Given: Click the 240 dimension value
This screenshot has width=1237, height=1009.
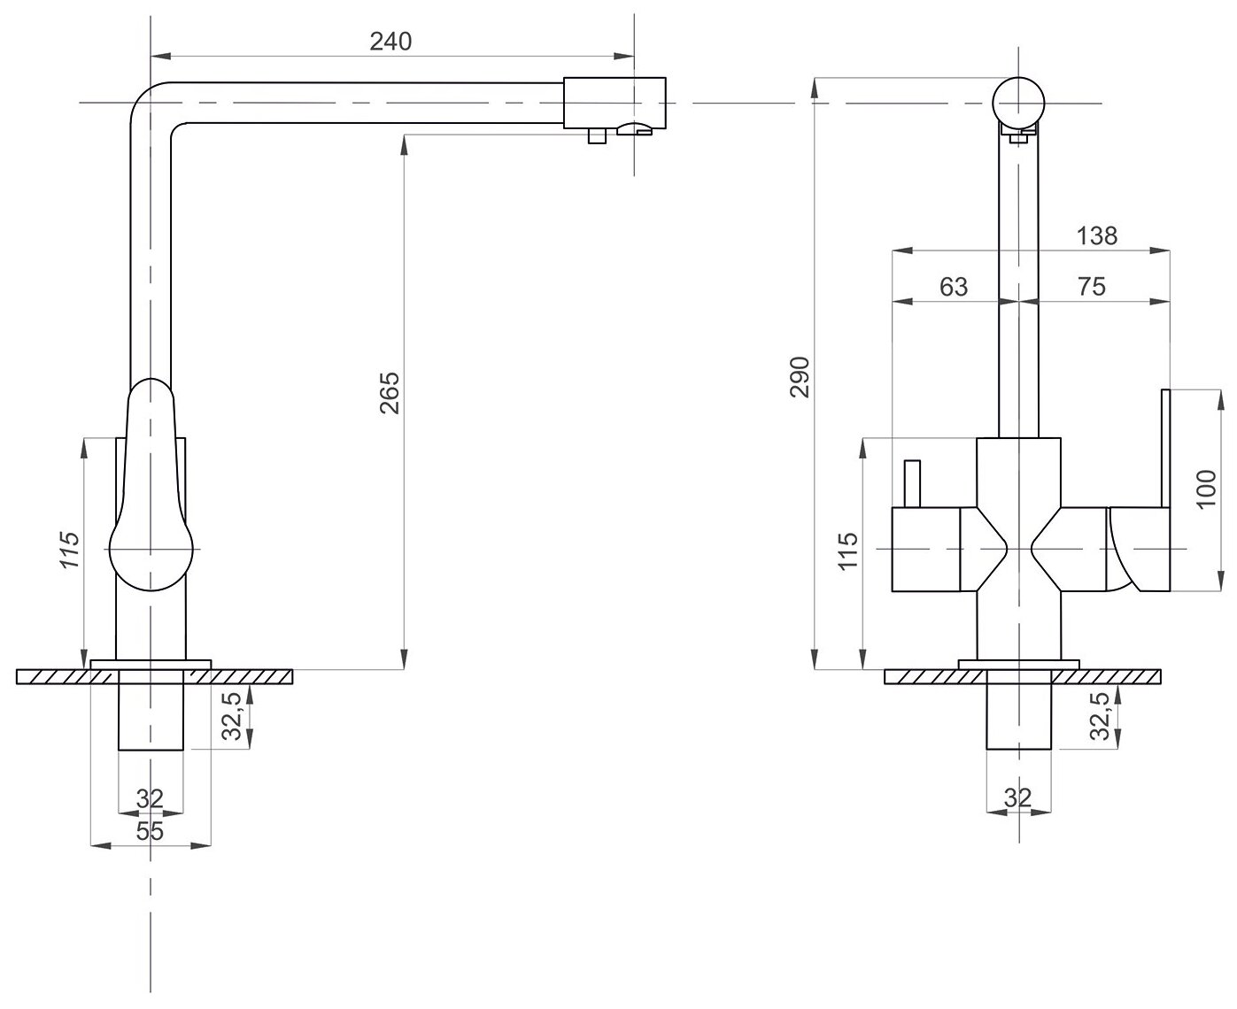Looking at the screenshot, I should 391,41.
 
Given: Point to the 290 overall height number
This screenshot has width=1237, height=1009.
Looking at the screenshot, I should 800,377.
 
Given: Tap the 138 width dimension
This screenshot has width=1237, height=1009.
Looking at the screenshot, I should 1097,235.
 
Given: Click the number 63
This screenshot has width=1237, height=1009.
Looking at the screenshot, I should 953,287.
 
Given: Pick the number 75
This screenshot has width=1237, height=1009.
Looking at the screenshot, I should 1092,287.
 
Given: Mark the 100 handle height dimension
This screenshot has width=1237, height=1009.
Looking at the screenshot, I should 1206,489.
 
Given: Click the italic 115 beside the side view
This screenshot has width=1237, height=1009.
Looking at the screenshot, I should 70,549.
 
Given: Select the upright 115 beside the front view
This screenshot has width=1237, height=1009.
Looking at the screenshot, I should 847,551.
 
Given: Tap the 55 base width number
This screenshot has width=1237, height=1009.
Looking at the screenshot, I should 151,830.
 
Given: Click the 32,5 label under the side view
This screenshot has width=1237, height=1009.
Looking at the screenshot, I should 231,714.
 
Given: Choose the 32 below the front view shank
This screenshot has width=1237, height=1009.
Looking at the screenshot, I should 1018,797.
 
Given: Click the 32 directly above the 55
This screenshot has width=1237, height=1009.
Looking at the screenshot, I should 151,799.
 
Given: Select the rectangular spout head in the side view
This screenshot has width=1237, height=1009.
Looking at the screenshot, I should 614,102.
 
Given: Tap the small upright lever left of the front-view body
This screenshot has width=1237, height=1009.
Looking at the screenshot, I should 912,483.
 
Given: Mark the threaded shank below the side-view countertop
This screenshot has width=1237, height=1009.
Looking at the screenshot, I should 151,711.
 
